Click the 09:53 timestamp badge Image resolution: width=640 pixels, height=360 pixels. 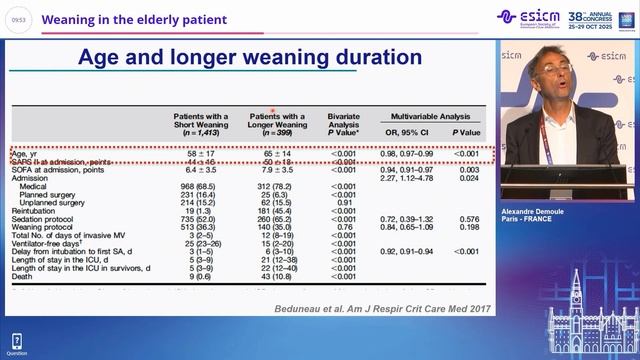[x=18, y=20]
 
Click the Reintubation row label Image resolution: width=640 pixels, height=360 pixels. [x=35, y=211]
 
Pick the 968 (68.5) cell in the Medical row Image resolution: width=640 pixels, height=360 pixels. [x=199, y=186]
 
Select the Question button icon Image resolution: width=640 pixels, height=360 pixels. [x=15, y=342]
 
